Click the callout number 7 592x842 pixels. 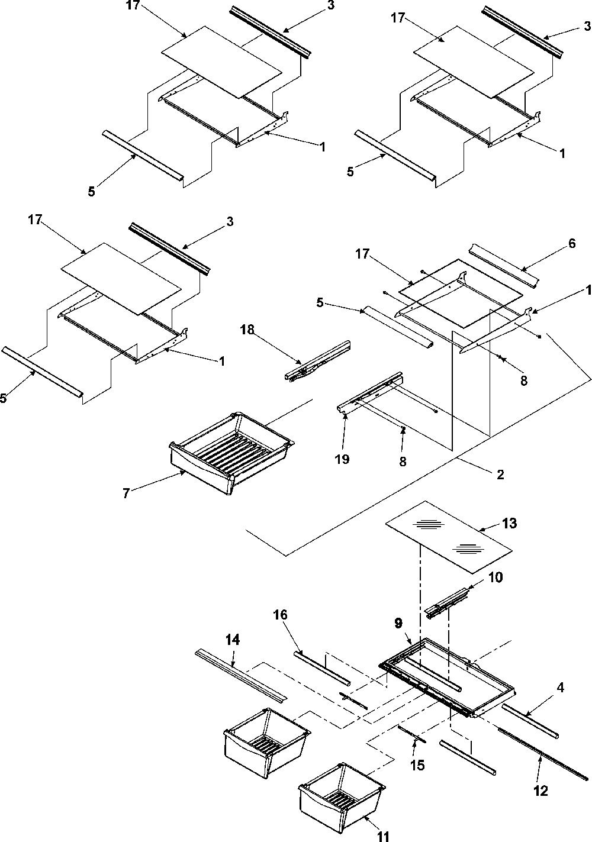pyautogui.click(x=126, y=493)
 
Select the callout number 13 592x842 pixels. pyautogui.click(x=509, y=523)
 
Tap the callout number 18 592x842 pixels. pyautogui.click(x=247, y=330)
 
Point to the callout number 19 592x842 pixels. pyautogui.click(x=342, y=459)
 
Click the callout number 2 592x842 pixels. pyautogui.click(x=500, y=475)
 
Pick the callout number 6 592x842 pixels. pyautogui.click(x=572, y=243)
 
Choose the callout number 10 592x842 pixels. pyautogui.click(x=495, y=577)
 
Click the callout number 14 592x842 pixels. pyautogui.click(x=233, y=640)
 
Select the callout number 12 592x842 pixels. pyautogui.click(x=540, y=791)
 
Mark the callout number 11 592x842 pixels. pyautogui.click(x=383, y=836)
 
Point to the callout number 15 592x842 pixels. pyautogui.click(x=417, y=765)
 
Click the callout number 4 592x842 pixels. pyautogui.click(x=560, y=688)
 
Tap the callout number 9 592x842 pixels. pyautogui.click(x=398, y=623)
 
